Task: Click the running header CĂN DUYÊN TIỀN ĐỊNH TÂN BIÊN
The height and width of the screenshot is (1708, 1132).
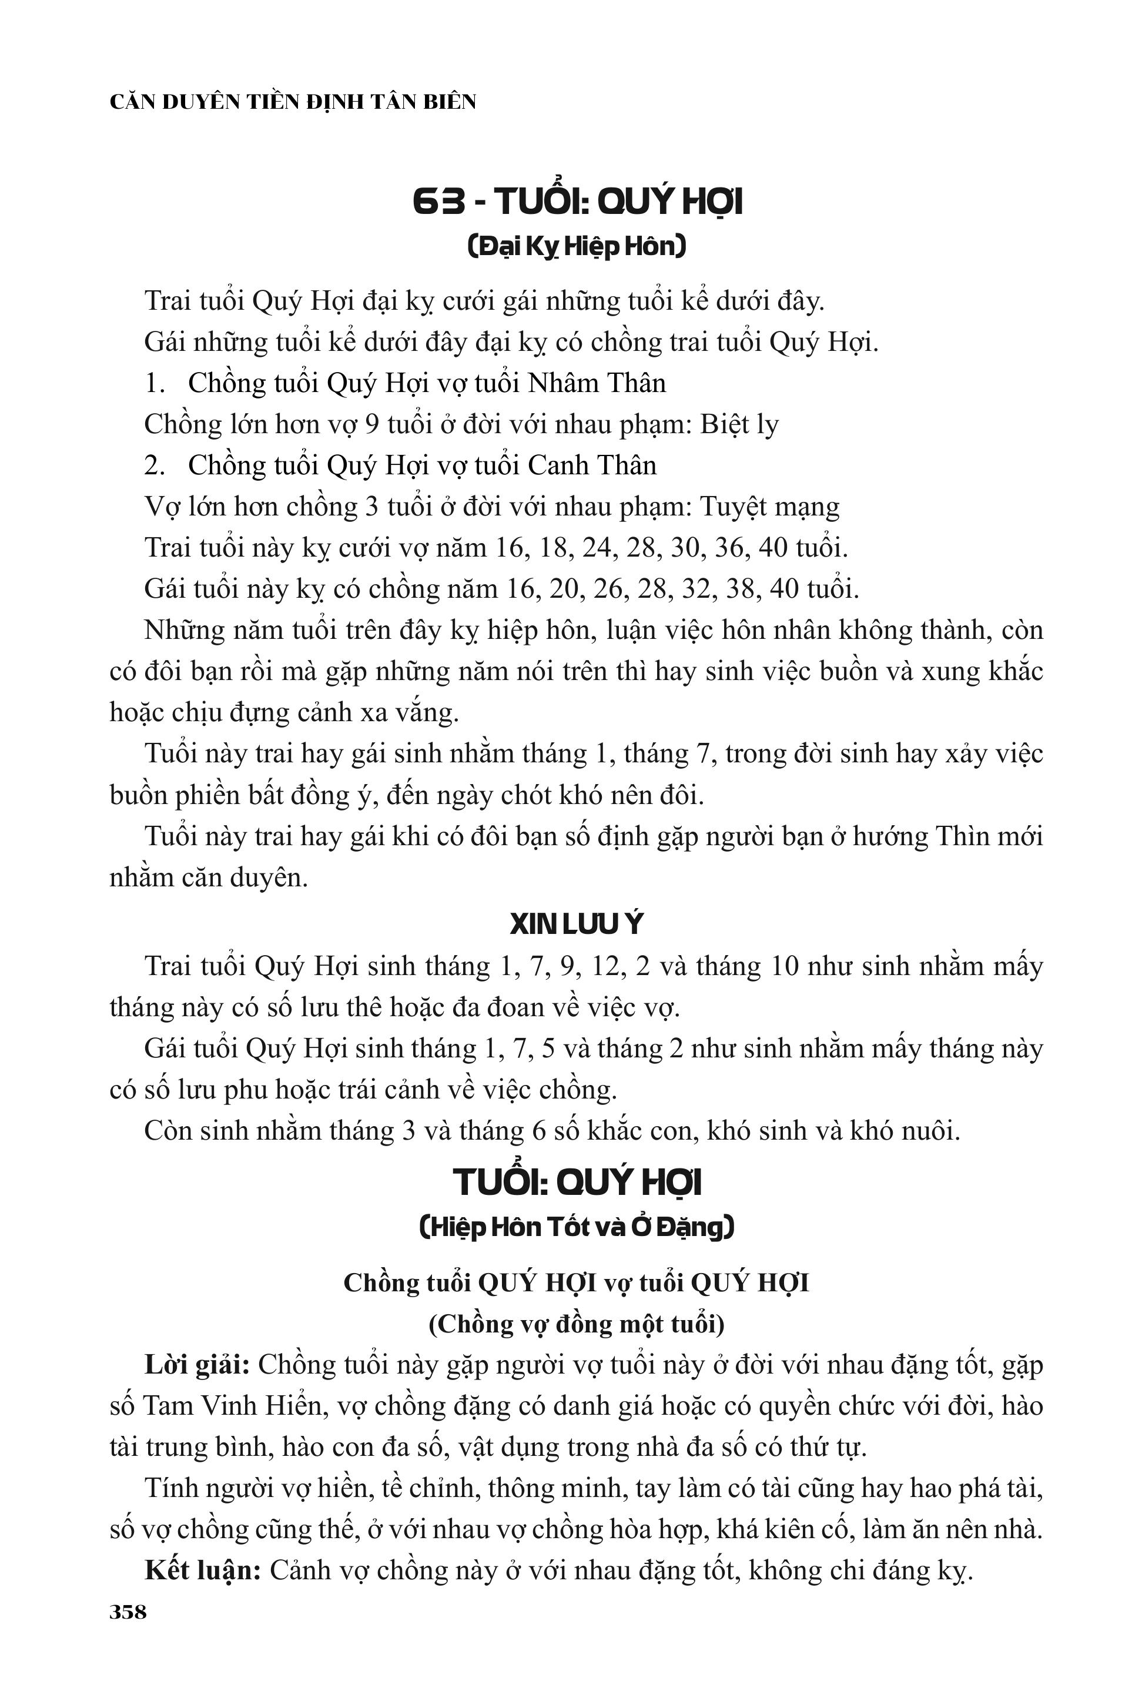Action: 293,102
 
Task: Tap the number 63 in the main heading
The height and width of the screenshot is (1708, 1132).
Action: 439,202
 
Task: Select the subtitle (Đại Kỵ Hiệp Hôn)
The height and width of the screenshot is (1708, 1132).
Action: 576,247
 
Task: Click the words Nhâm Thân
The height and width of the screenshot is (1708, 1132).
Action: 597,383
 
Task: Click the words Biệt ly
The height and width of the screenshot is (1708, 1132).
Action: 739,424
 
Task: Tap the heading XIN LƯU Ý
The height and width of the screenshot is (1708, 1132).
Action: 575,925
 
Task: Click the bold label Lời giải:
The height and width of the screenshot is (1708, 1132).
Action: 197,1366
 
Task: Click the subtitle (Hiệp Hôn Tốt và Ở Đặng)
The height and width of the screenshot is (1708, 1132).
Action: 576,1227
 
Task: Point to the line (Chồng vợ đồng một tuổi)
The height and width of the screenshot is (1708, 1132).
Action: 576,1325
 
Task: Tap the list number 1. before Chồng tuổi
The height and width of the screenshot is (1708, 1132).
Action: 155,383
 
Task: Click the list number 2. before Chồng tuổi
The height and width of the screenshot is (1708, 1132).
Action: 155,465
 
